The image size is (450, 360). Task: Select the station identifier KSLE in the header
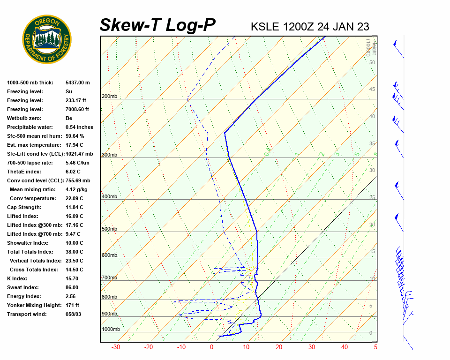pos(266,26)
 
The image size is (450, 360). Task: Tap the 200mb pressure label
pos(109,97)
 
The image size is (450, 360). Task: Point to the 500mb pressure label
pos(109,229)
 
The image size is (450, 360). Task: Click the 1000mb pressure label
pos(111,329)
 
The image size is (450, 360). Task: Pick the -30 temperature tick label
pos(115,347)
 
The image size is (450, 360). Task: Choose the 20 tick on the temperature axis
pos(279,347)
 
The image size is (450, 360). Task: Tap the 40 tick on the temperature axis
pos(345,347)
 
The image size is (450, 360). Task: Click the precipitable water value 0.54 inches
pos(79,127)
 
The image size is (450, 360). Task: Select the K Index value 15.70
pos(73,278)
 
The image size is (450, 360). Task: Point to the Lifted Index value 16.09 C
pos(74,216)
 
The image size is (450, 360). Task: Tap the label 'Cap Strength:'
pos(24,207)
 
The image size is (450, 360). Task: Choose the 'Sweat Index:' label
pos(23,287)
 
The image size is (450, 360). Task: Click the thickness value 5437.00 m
pos(77,82)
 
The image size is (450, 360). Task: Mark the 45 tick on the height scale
pos(372,90)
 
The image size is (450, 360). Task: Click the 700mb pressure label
pos(109,277)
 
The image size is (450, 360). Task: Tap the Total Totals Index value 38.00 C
pos(74,252)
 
